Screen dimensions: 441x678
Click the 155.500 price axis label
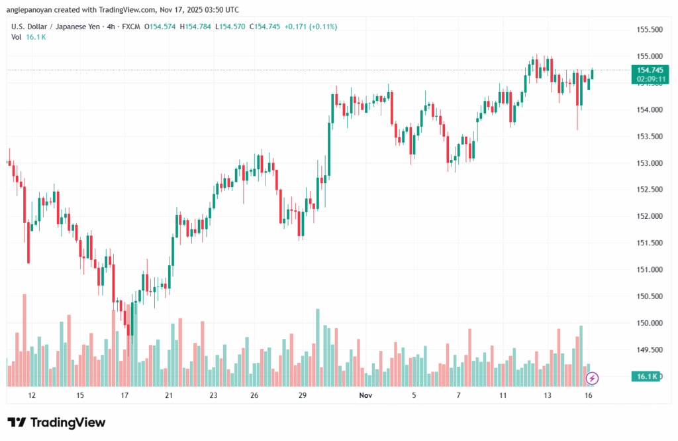pos(650,30)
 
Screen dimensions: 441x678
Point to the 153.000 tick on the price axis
pos(650,163)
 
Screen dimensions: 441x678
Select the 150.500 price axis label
pos(650,296)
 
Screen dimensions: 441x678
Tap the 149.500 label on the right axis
pos(650,349)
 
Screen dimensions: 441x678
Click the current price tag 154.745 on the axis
pos(650,70)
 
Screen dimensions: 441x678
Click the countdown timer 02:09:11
pos(650,78)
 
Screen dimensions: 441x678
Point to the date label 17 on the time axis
pos(124,395)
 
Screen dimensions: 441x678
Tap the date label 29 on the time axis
pos(303,395)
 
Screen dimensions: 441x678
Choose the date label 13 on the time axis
pos(548,395)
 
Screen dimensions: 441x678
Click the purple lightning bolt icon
pos(593,379)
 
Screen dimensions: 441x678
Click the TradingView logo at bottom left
pos(56,422)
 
